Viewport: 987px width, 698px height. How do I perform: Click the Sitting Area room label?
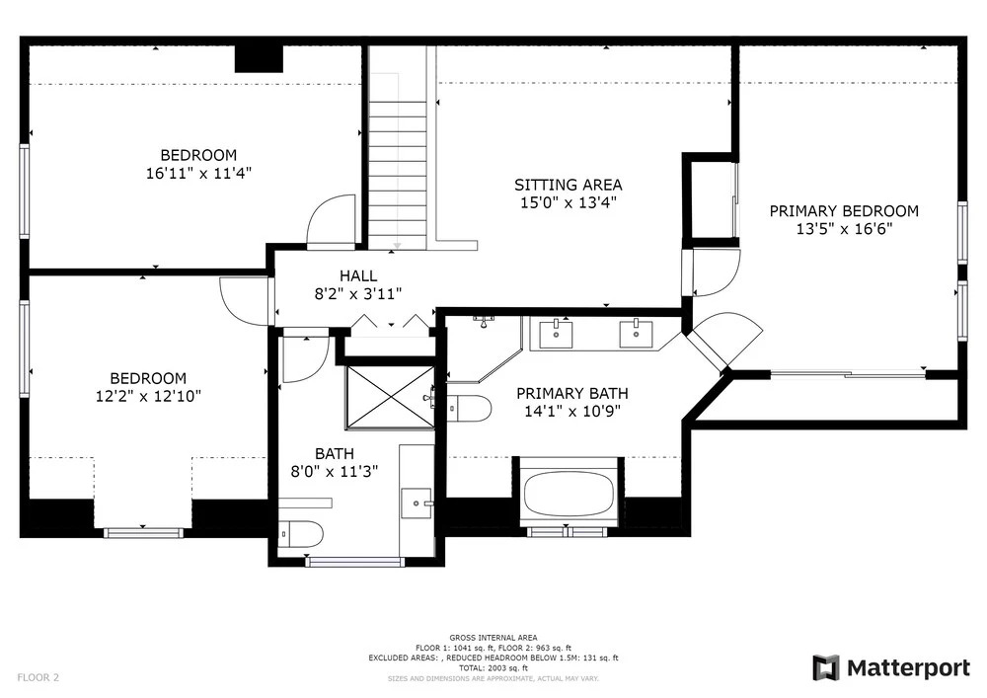coord(568,185)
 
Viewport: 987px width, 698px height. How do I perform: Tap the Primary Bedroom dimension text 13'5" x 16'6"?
coord(844,229)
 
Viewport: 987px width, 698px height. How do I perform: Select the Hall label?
coord(358,275)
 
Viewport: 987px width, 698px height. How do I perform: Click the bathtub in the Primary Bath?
coord(569,493)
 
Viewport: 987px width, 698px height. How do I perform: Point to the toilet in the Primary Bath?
coord(470,409)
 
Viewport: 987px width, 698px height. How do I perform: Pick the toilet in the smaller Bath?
coord(301,534)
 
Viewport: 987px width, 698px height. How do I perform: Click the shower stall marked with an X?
coord(390,397)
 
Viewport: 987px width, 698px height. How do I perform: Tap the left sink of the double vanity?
coord(557,334)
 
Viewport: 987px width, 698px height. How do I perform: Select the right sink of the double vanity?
coord(636,334)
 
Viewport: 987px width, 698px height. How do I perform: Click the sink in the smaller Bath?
coord(417,503)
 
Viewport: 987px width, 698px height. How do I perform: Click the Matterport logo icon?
coord(826,667)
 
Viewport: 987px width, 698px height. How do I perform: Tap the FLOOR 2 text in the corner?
coord(38,678)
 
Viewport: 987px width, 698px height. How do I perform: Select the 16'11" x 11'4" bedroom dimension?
coord(199,173)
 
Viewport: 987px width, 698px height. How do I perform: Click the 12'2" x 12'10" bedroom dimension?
coord(149,396)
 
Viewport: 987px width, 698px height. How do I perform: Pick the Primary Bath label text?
coord(572,394)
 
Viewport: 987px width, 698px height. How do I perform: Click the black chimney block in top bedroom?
coord(259,58)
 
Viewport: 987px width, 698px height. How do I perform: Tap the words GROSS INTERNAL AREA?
coord(493,638)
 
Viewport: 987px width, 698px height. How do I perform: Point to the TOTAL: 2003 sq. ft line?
coord(493,667)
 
